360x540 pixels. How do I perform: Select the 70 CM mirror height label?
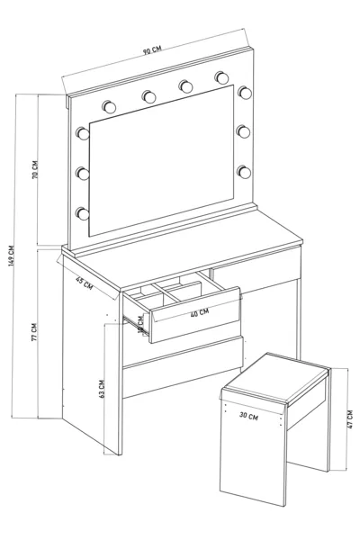pos(35,170)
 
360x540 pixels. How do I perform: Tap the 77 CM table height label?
pos(35,333)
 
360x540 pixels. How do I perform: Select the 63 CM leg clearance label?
pos(105,389)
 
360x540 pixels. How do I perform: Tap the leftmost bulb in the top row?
pos(109,106)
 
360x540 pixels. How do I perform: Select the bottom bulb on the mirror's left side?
pos(83,212)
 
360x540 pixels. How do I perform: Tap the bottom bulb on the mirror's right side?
pos(243,170)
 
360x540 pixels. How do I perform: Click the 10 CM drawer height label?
pos(140,323)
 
